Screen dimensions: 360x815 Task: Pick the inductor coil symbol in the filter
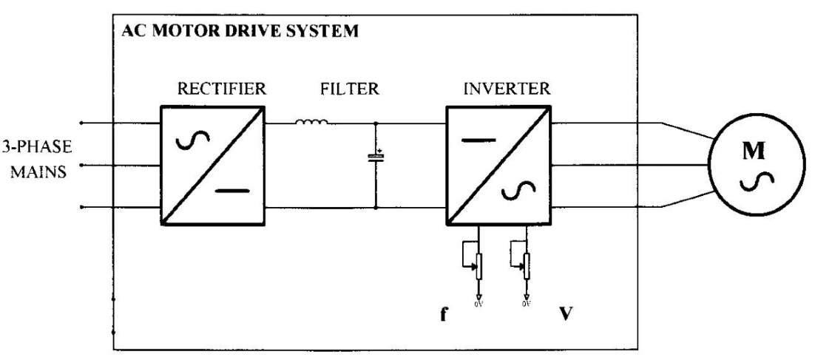311,122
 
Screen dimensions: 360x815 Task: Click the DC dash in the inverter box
477,137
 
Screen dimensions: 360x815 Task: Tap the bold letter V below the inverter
565,323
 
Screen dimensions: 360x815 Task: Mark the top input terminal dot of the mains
81,123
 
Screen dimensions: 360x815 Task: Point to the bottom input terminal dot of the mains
81,208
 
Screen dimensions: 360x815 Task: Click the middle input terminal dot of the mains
81,166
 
